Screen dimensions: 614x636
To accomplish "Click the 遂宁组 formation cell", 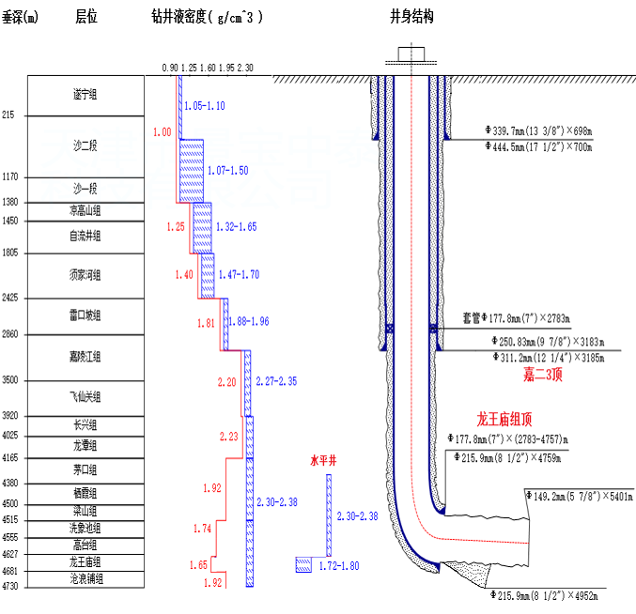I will tap(85, 94).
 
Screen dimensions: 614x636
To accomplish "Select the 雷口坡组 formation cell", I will tap(85, 315).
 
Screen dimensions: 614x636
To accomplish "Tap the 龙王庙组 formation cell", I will tap(85, 561).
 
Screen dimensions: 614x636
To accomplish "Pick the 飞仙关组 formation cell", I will tap(85, 397).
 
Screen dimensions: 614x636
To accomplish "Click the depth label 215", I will tap(9, 115).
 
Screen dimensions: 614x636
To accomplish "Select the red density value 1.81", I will tap(207, 324).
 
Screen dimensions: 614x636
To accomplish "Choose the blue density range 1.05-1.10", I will tap(205, 106).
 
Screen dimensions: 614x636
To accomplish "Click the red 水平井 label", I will tap(322, 462).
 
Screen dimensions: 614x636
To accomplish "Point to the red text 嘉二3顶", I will tap(544, 376).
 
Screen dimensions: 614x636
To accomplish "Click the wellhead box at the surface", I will tap(411, 54).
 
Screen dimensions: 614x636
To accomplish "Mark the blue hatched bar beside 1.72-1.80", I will tap(304, 564).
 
